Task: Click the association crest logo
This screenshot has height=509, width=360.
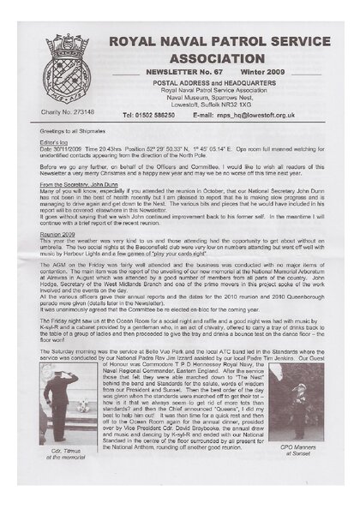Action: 66,57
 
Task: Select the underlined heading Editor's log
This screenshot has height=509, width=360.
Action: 53,141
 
